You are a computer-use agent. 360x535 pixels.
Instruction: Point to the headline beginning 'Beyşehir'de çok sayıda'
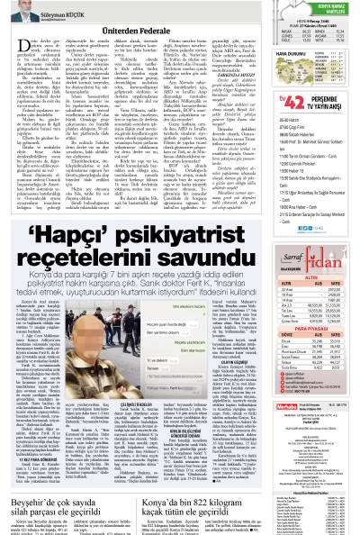[60, 503]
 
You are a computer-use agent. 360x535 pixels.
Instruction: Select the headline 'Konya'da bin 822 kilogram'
[190, 503]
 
